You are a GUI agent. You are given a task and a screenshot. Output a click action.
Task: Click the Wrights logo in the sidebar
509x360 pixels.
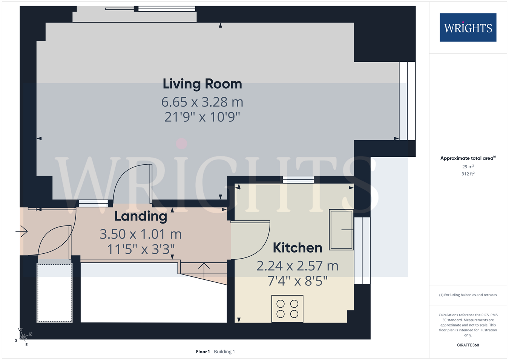pos(468,27)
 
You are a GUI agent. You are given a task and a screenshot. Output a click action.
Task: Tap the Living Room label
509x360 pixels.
pos(202,84)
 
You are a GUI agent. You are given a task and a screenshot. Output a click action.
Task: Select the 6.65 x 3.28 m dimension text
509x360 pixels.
pos(202,102)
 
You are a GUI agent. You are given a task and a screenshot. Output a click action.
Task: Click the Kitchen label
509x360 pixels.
pos(297,248)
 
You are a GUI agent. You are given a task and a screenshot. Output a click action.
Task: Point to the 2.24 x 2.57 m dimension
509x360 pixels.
pos(297,266)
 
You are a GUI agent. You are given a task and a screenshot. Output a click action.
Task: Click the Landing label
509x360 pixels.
pos(141,216)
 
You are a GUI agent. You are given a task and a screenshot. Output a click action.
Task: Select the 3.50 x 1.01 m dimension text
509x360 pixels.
pos(141,234)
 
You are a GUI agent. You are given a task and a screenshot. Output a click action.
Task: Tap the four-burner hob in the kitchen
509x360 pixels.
pos(287,309)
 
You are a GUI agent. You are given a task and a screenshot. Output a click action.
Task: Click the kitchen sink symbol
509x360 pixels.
pos(341,230)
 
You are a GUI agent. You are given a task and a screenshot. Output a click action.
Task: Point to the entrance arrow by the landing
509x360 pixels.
pos(21,231)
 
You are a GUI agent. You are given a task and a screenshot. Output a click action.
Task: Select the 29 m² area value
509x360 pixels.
pos(468,167)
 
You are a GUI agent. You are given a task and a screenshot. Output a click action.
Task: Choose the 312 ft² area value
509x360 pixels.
pos(468,174)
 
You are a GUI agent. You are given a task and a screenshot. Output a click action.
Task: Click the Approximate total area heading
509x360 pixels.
pos(468,158)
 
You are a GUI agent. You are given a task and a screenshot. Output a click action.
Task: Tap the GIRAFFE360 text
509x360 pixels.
pos(468,345)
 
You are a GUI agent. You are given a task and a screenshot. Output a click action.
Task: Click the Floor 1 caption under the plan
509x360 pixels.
pos(203,352)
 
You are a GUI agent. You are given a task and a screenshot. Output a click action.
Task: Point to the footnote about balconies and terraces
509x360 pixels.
pos(468,295)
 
